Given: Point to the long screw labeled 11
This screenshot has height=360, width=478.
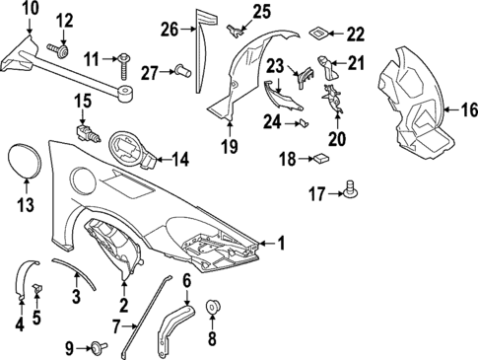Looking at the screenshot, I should coord(126,66).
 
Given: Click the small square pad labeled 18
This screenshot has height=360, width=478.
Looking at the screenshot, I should coord(321,159).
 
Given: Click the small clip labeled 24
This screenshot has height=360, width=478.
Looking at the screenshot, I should coord(304,123).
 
